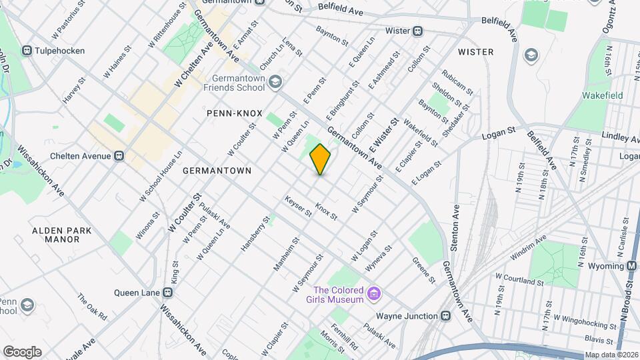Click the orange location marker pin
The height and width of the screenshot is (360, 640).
click(x=321, y=159)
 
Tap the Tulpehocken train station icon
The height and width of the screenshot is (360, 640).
click(x=27, y=51)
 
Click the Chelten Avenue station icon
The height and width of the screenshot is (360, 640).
click(x=119, y=156)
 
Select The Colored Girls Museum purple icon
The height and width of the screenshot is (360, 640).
click(x=374, y=294)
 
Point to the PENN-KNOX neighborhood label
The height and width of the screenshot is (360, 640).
click(x=234, y=113)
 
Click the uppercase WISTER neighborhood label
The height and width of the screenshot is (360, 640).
click(x=476, y=52)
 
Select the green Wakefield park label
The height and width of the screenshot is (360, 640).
click(x=602, y=95)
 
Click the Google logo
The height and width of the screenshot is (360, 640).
click(x=22, y=351)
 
